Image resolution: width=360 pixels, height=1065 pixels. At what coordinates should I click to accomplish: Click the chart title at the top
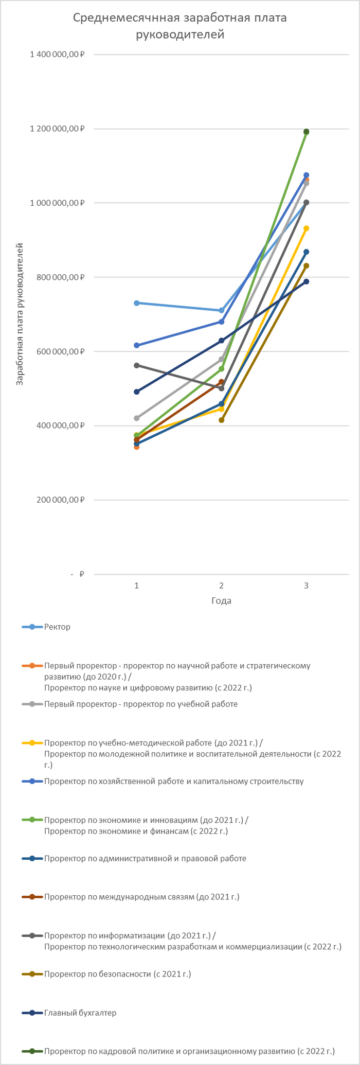click(x=179, y=26)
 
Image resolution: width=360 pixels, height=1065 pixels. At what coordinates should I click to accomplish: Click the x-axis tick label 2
click(x=221, y=585)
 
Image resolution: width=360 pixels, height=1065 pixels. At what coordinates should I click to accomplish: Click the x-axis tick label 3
click(x=306, y=585)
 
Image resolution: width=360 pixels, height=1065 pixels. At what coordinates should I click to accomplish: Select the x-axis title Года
click(x=221, y=600)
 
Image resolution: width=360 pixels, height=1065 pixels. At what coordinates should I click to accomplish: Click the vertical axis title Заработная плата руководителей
click(x=20, y=314)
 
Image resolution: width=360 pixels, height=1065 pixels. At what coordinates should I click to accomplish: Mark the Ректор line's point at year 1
click(x=136, y=303)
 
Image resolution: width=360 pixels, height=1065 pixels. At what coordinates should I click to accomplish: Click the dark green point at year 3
click(x=306, y=132)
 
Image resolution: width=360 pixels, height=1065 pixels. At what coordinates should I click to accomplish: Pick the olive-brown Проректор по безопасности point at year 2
click(x=221, y=420)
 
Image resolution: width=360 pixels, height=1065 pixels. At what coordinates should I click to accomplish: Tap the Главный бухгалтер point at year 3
click(x=306, y=281)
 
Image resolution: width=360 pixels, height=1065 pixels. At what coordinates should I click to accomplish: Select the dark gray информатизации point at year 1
click(x=136, y=365)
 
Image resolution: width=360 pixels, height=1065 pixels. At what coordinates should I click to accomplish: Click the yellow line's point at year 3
click(x=306, y=228)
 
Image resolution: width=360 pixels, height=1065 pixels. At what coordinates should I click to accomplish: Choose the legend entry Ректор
click(x=57, y=627)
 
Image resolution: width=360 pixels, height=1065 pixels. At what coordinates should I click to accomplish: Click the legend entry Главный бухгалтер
click(x=80, y=1013)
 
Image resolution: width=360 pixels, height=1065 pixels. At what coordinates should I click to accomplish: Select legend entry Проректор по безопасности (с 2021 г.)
click(x=117, y=974)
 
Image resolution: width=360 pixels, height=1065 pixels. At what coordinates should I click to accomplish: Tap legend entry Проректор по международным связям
click(x=141, y=897)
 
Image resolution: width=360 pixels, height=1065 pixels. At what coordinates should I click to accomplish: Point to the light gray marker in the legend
click(x=32, y=704)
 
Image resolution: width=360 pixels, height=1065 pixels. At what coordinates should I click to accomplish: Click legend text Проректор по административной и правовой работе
click(x=145, y=858)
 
